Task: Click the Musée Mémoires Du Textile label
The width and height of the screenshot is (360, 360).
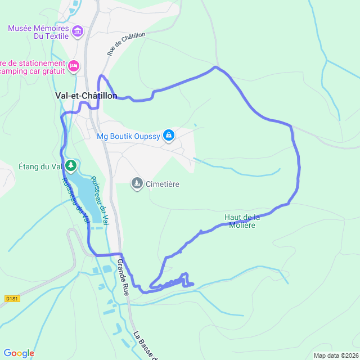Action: [x=39, y=32]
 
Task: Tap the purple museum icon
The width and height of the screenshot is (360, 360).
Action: [x=78, y=31]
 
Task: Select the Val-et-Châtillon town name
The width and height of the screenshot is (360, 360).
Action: [x=86, y=96]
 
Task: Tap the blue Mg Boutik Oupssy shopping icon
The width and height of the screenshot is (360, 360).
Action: [x=168, y=135]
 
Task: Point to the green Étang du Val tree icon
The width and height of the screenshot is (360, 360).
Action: [x=70, y=165]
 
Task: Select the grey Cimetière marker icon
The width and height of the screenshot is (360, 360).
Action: [x=137, y=183]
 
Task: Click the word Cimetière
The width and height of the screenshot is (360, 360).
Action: [x=163, y=184]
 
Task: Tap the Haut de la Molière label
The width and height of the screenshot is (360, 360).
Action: [x=242, y=221]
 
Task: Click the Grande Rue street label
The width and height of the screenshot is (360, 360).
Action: [x=123, y=277]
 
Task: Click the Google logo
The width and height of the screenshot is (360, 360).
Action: [x=19, y=353]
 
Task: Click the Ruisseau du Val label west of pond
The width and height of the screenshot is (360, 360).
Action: [x=76, y=200]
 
